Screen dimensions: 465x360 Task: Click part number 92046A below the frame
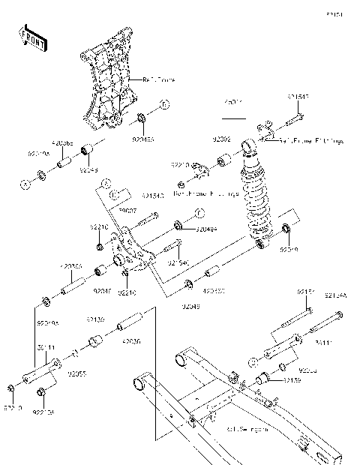point(142,139)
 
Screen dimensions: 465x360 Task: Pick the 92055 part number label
point(77,372)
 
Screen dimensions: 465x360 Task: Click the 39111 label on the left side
point(46,347)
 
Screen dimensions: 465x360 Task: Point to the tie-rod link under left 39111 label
point(42,374)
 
